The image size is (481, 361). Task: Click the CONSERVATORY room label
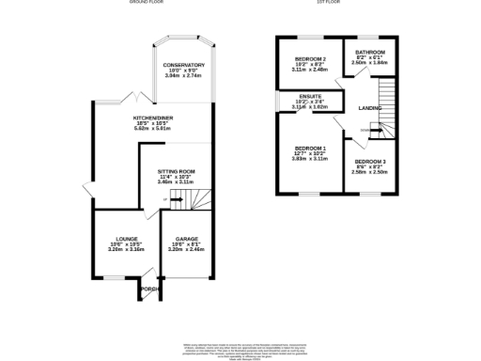pos(183,65)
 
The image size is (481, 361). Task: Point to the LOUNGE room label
pos(127,239)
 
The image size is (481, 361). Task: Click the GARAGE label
pos(184,239)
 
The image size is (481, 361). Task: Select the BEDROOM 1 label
pos(309,149)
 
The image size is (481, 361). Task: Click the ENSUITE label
pos(309,96)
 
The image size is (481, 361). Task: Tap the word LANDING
pos(370,108)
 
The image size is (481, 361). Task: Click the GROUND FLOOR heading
pos(147,3)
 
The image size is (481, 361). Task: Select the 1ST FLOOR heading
pos(329,3)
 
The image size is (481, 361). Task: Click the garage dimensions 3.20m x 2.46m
pos(184,250)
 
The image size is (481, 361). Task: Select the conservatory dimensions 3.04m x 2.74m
pos(183,76)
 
